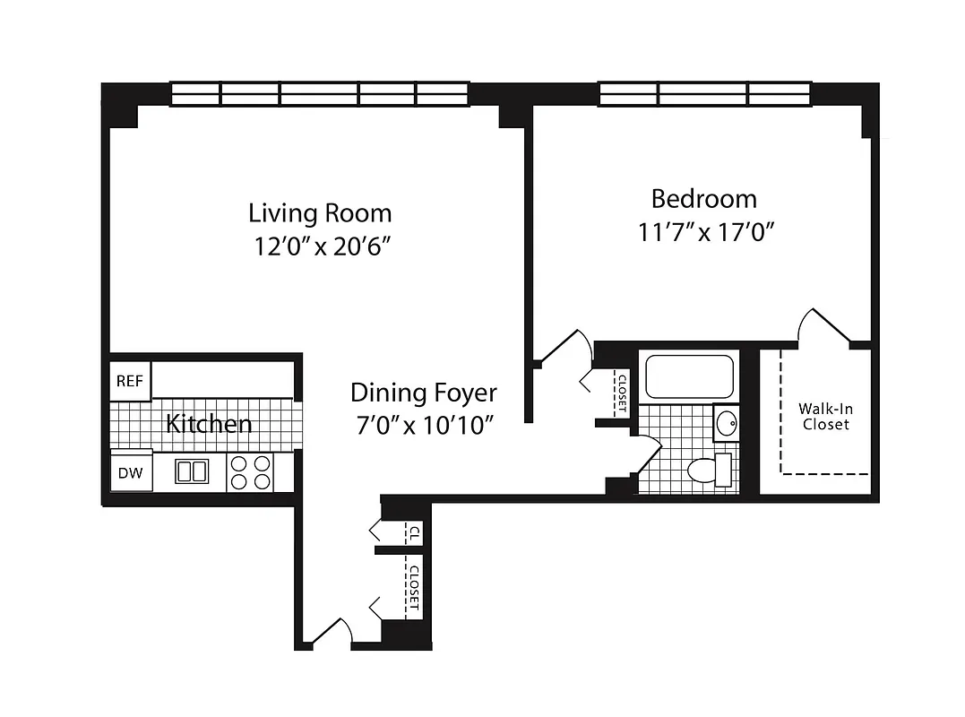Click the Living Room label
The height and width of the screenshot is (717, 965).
click(320, 213)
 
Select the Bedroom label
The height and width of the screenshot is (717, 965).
click(703, 198)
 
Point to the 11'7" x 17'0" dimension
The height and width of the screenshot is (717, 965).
click(705, 232)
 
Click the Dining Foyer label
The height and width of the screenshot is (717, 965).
click(423, 393)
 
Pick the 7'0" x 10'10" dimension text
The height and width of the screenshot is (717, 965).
click(423, 425)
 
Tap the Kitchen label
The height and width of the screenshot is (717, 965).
click(209, 423)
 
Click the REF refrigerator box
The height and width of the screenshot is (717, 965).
click(131, 381)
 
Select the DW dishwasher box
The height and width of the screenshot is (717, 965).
click(131, 473)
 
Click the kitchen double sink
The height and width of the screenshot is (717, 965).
click(191, 471)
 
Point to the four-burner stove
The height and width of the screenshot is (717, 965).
click(251, 472)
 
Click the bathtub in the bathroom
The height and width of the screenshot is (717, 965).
click(689, 377)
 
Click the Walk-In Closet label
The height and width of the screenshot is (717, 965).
click(825, 417)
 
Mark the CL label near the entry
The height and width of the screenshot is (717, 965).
click(413, 531)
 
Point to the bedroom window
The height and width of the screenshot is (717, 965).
click(704, 93)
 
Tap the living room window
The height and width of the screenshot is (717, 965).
click(320, 93)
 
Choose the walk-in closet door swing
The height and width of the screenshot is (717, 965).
click(823, 326)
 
